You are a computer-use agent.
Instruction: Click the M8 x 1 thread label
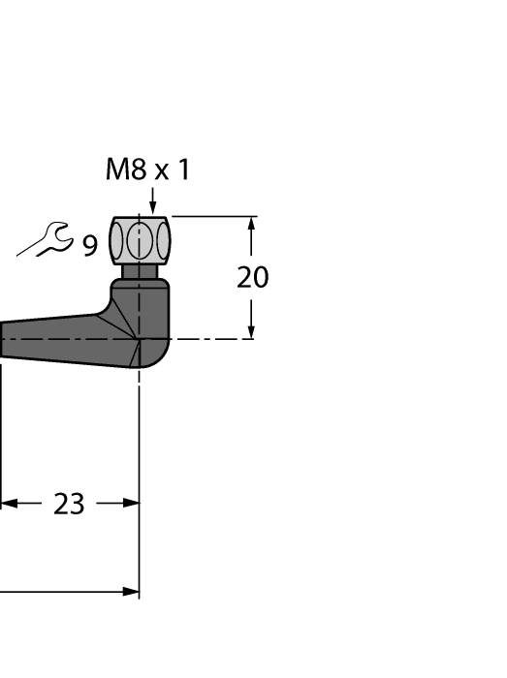coord(148,170)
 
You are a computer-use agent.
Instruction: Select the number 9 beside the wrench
coord(89,247)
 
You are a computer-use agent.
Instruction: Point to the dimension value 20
coord(253,278)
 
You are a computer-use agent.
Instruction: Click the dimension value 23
coord(69,505)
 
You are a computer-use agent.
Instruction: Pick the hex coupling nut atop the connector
coord(141,240)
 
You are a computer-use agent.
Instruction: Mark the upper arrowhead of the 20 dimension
coord(252,223)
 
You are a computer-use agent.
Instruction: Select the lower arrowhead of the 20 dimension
coord(252,331)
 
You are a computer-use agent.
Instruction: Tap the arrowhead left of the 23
coord(8,504)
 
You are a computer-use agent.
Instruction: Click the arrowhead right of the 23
coord(132,504)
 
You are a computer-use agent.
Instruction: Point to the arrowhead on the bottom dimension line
coord(131,591)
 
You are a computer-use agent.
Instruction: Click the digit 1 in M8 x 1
coord(183,170)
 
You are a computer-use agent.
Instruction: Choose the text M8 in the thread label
coord(123,170)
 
